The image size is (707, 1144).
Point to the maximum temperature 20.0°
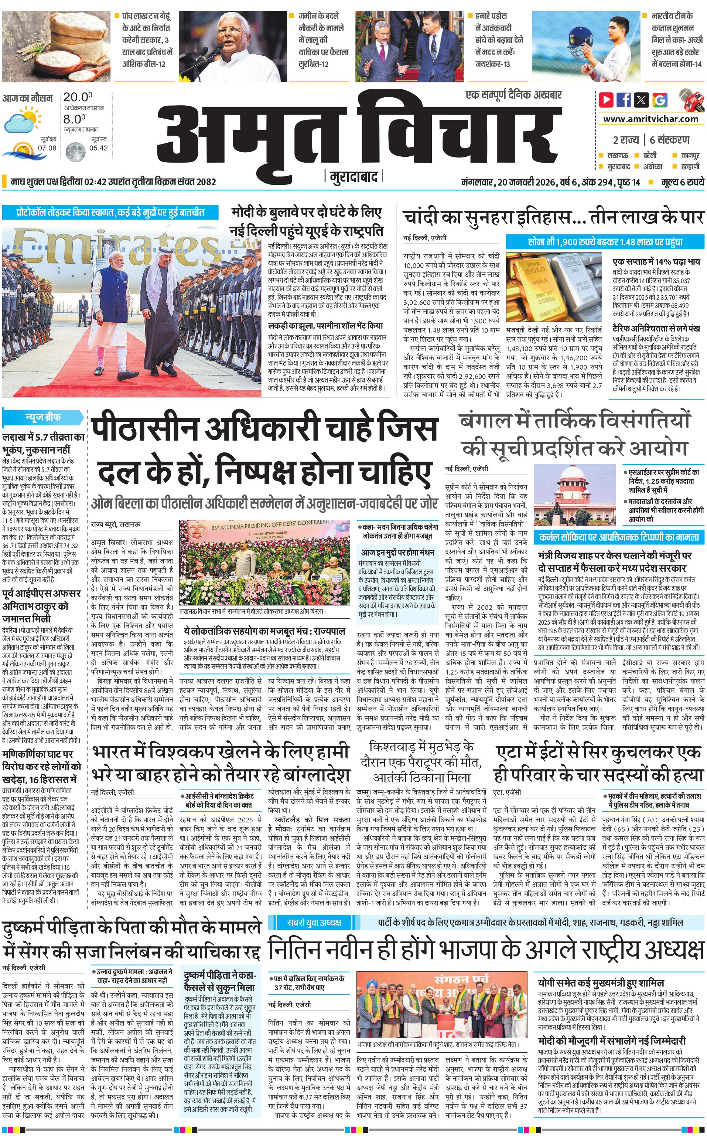pos(78,97)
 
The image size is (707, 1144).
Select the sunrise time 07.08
pos(47,148)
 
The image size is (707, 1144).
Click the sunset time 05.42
pos(99,148)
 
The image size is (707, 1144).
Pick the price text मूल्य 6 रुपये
pos(682,182)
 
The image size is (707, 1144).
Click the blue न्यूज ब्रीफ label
pos(42,417)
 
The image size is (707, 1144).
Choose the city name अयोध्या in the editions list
pos(653,166)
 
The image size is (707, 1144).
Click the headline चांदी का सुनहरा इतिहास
pos(486,217)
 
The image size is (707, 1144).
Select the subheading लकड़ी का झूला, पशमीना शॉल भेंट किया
pos(325,326)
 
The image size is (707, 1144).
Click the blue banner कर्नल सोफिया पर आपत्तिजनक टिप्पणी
pos(619,537)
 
